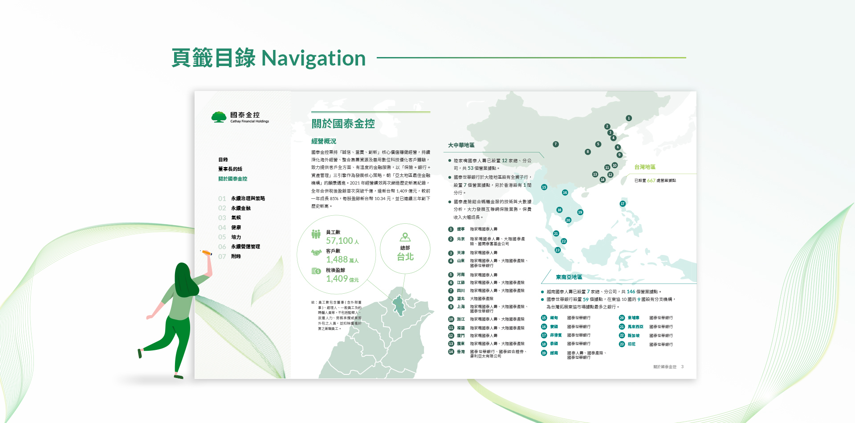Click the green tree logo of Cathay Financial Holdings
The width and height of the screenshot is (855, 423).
point(219,117)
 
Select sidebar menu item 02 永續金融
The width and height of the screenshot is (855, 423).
point(240,208)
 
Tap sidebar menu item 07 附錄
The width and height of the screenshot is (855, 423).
point(236,256)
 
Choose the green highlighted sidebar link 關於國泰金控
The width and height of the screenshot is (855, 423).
point(232,179)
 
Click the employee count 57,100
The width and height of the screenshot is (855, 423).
point(339,241)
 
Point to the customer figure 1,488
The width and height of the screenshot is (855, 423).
point(337,259)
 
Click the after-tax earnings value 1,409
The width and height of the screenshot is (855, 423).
point(337,279)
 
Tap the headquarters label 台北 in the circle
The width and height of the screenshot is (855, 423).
point(405,257)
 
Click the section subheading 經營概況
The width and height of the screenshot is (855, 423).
point(323,141)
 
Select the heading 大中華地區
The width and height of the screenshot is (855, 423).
point(461,145)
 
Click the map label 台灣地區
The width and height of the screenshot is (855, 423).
point(644,167)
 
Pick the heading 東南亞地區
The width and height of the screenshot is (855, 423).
point(569,277)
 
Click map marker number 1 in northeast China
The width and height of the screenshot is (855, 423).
point(629,118)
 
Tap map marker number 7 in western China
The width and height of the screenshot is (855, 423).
point(555,144)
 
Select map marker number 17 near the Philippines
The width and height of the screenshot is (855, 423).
point(623,204)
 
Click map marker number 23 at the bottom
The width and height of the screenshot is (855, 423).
point(558,250)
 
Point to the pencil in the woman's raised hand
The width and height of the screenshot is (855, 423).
point(207,253)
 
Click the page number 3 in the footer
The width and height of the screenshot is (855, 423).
point(682,367)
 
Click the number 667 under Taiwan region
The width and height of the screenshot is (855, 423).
point(651,181)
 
